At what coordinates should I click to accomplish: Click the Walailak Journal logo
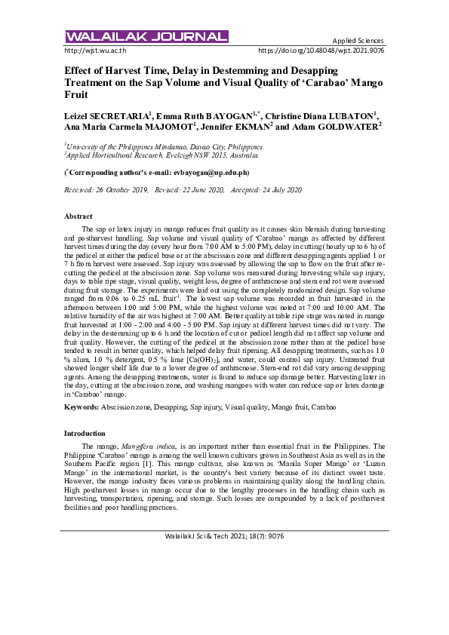146,36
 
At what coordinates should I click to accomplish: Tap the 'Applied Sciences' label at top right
358,40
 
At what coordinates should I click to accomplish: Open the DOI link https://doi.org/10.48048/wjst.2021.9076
321,51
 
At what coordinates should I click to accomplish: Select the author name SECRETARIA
119,116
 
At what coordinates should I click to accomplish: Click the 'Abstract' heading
78,216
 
